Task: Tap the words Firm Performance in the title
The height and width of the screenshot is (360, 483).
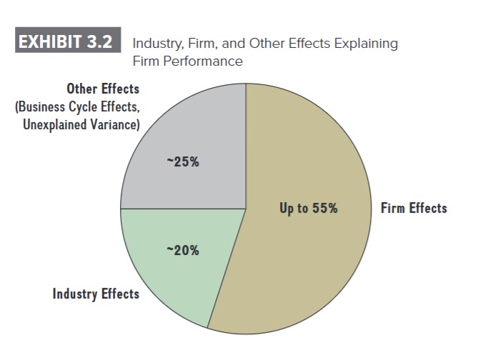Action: point(188,61)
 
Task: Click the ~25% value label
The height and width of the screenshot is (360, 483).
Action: point(183,161)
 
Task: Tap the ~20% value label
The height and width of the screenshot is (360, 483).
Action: point(183,250)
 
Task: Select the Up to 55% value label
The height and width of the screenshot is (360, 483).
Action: point(308,209)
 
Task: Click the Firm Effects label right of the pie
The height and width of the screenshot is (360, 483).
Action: point(414,209)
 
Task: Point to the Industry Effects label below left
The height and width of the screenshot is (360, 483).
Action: point(96,294)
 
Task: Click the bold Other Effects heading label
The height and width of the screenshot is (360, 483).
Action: point(103,89)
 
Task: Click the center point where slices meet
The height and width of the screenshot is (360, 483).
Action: point(246,209)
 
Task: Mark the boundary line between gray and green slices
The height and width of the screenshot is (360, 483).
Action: point(183,209)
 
